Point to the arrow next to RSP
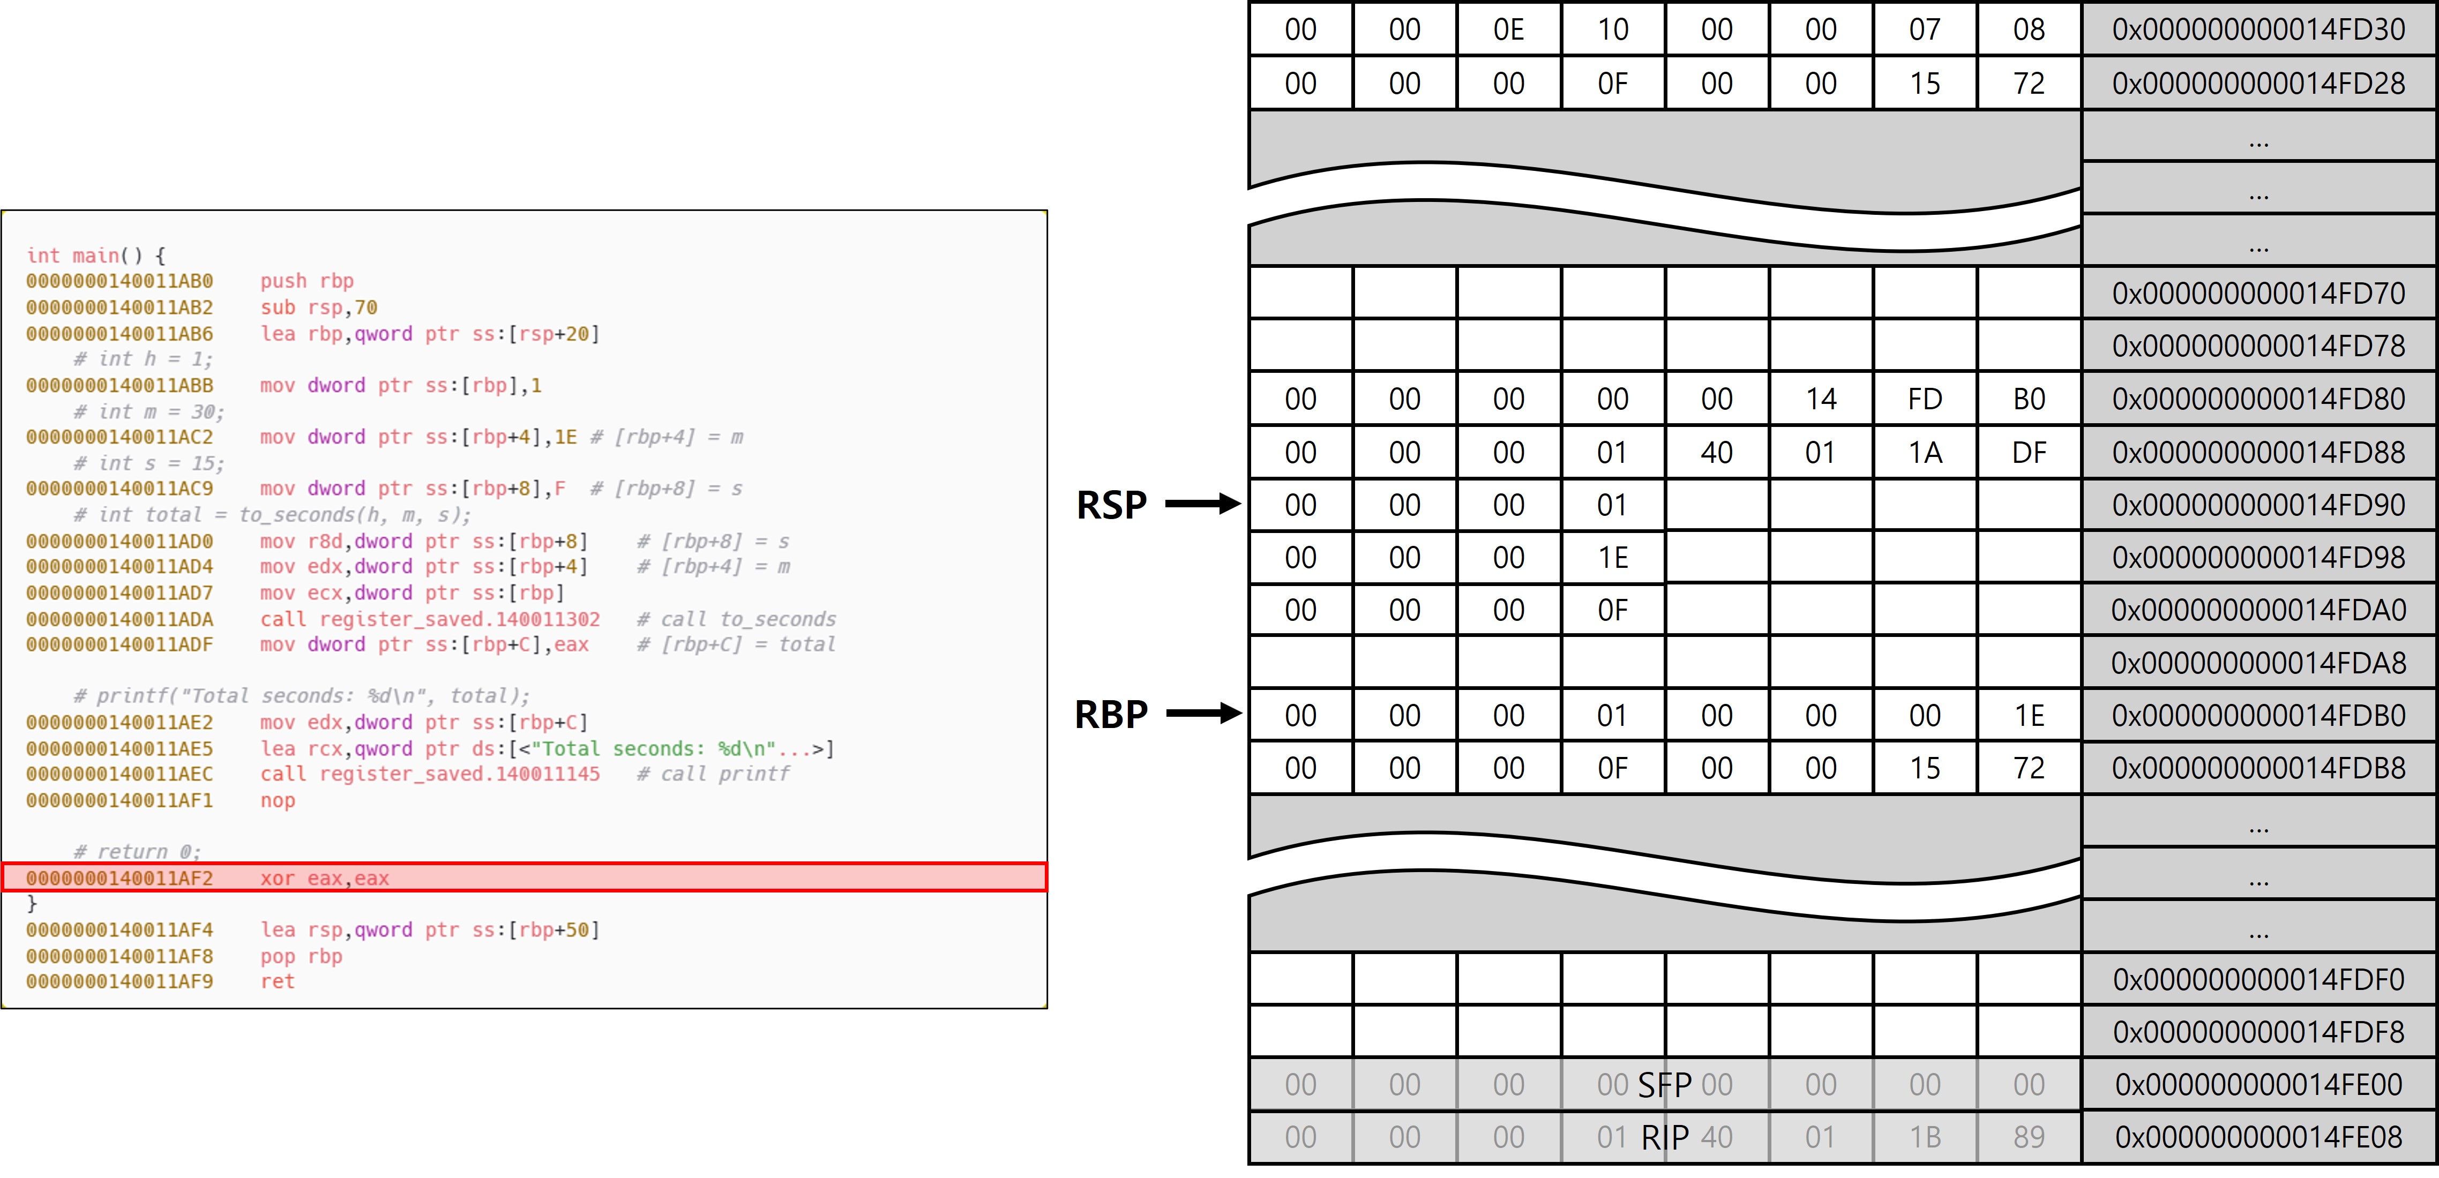tap(1202, 504)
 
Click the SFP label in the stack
tap(1665, 1084)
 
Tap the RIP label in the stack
tap(1665, 1136)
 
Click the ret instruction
tap(278, 981)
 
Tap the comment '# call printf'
tap(713, 774)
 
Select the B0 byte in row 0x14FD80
tap(2028, 399)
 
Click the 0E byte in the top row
tap(1508, 29)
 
